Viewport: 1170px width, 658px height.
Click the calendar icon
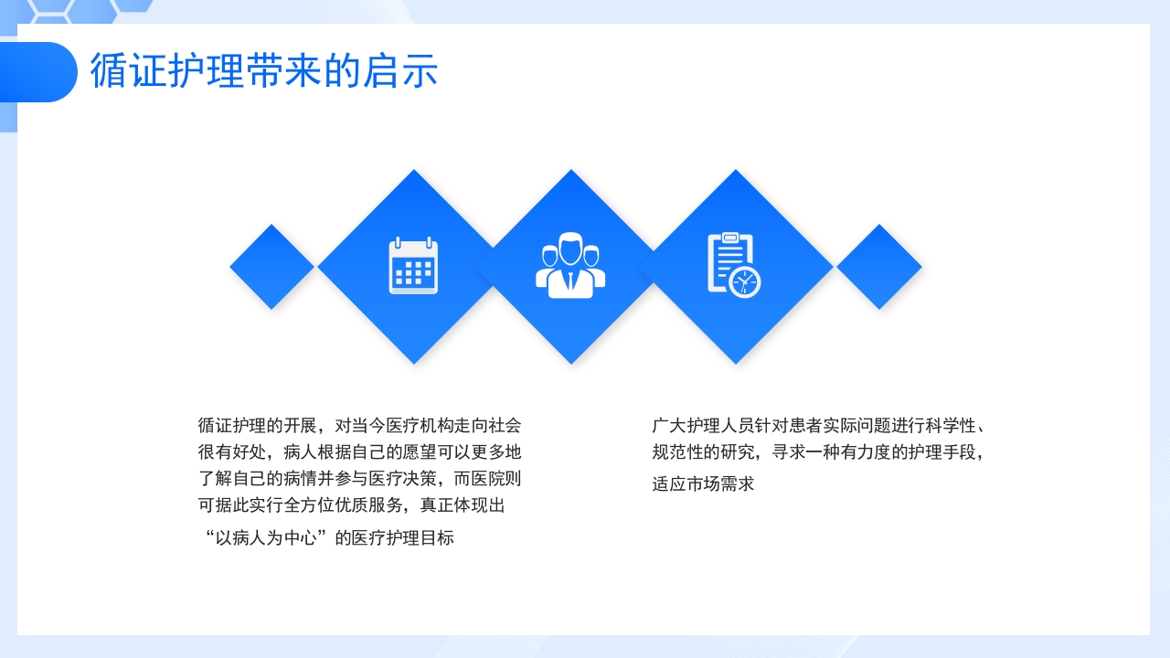tap(413, 266)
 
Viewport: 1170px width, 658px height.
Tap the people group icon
tap(570, 266)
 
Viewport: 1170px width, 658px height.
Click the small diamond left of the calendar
tap(271, 267)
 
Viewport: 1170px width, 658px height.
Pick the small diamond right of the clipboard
tap(879, 267)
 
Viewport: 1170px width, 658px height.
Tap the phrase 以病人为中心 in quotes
tap(266, 538)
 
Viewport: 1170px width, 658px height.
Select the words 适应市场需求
tap(703, 484)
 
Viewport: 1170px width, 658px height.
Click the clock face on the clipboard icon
tap(746, 283)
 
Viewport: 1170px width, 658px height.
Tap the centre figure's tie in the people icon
tap(570, 280)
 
